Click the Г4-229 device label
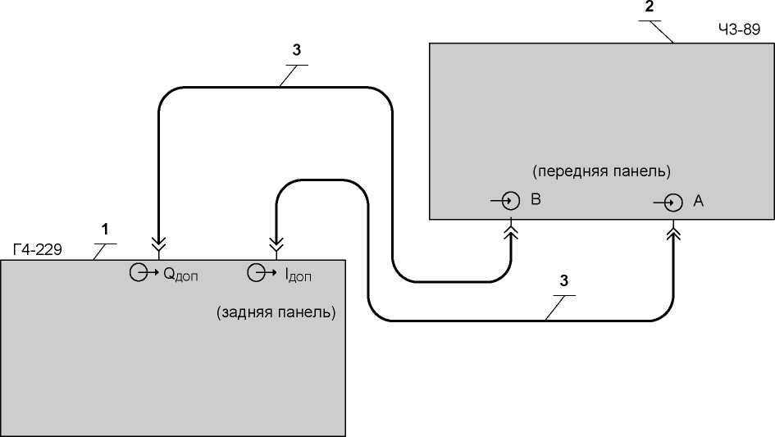(38, 249)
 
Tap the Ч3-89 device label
(739, 30)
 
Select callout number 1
(105, 230)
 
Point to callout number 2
(649, 7)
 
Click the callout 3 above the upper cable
(297, 50)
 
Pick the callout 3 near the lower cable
(564, 280)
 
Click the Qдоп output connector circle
(139, 272)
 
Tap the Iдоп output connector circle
(256, 272)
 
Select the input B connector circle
(511, 201)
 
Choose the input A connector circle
(673, 203)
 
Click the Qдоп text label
(180, 275)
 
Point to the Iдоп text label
(299, 275)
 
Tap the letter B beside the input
(536, 199)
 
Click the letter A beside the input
(698, 201)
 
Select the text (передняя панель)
(601, 171)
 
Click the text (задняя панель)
(276, 312)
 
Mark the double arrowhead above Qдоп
(159, 244)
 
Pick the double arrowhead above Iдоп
(276, 244)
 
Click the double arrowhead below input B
(511, 231)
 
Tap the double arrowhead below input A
(673, 232)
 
